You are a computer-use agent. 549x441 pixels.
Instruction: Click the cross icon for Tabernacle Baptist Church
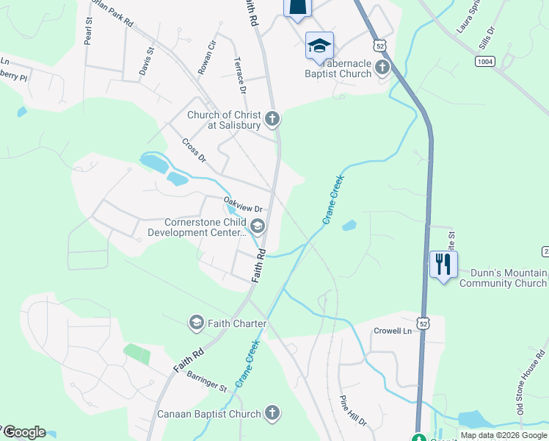tap(382, 68)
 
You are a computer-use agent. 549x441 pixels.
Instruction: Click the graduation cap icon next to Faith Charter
tap(196, 323)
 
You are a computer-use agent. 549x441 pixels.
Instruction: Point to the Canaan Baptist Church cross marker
tap(272, 414)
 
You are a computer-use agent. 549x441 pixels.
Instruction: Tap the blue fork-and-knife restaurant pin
tap(443, 264)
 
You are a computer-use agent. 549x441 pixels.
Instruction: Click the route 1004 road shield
tap(484, 62)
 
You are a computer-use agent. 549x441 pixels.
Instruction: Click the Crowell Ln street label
tap(395, 331)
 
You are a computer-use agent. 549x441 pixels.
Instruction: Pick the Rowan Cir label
tap(207, 54)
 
